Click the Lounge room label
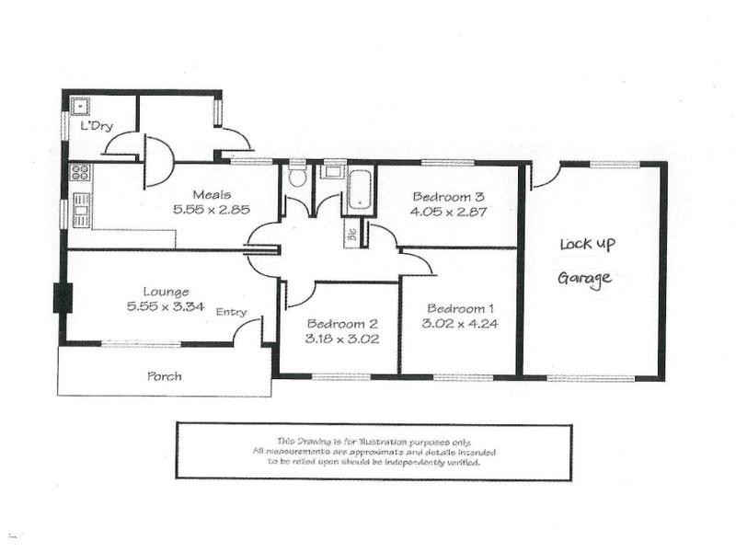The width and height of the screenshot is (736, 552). click(166, 292)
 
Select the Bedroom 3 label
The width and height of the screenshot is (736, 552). click(449, 196)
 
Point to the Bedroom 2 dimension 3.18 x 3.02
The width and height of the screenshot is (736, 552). click(342, 339)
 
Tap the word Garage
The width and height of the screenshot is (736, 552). click(586, 279)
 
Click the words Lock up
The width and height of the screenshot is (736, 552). click(588, 245)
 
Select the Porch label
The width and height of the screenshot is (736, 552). click(165, 376)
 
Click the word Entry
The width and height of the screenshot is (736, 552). click(231, 313)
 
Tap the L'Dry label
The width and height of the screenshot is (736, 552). click(96, 126)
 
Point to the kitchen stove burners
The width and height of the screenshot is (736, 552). click(80, 172)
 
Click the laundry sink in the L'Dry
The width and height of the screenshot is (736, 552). click(80, 104)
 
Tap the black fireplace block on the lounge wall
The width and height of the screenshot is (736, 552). click(63, 298)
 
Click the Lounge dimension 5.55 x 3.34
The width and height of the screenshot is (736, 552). click(166, 307)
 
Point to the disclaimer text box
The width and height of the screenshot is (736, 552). click(374, 451)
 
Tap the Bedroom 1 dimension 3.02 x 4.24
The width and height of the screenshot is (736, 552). click(461, 323)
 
